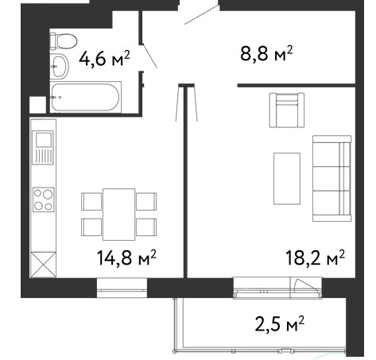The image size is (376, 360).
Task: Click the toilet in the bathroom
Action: (x=64, y=41)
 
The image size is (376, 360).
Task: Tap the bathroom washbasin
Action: (x=60, y=66)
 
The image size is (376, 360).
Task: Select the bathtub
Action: (x=86, y=97)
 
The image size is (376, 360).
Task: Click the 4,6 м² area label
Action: (x=104, y=59)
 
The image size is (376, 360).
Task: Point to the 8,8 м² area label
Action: (x=266, y=53)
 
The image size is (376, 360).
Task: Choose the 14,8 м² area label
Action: (x=126, y=257)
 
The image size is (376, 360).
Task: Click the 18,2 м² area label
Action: (x=316, y=257)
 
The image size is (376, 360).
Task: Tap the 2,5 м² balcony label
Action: (x=280, y=323)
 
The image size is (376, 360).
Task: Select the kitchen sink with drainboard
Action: (x=43, y=148)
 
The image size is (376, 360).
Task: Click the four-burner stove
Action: (x=44, y=199)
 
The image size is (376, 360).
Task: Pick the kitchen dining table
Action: (x=119, y=215)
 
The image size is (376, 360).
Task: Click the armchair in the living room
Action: (x=287, y=110)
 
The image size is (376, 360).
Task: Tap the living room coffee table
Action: (x=287, y=179)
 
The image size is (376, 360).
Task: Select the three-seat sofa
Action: (x=332, y=178)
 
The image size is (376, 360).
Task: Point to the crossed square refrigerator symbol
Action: (x=43, y=265)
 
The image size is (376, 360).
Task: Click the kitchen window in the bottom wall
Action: (x=122, y=288)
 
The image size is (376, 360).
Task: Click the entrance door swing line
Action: (x=202, y=14)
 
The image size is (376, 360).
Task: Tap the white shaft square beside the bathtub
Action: (x=37, y=104)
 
